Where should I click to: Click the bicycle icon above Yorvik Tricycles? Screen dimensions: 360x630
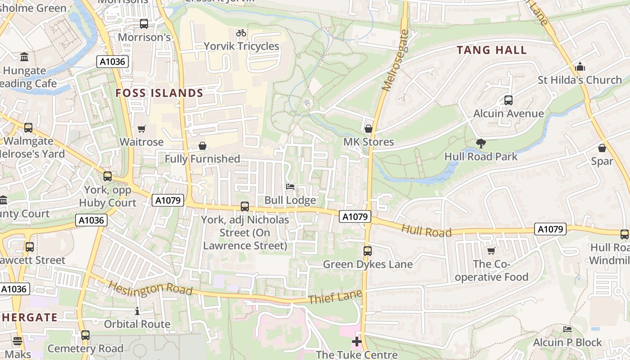pos(241,33)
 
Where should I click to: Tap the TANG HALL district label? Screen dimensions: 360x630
pos(492,50)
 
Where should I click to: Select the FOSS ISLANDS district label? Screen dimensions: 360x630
pos(159,93)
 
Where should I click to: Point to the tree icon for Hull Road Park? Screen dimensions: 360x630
pos(481,144)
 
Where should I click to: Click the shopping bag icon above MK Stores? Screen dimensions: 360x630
pos(369,129)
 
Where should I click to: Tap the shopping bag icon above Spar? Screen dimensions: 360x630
pos(602,148)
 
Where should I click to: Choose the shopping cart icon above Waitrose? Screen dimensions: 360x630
pos(142,129)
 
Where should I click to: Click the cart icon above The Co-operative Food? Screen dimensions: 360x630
pos(491,251)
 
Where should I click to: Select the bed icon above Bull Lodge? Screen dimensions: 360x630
pos(290,187)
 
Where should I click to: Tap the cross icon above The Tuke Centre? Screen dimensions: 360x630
pos(357,342)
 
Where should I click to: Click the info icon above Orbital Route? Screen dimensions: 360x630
pos(137,311)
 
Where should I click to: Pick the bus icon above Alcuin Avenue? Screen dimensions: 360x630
pos(508,100)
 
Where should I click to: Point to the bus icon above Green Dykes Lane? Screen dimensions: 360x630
pos(368,251)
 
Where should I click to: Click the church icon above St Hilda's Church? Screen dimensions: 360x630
pos(580,67)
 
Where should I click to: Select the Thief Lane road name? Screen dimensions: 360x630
pos(335,297)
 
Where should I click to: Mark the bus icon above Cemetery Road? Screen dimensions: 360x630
pos(85,335)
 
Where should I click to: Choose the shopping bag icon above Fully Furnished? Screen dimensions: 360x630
pos(202,146)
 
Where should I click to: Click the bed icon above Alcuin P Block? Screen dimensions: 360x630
pos(567,330)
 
